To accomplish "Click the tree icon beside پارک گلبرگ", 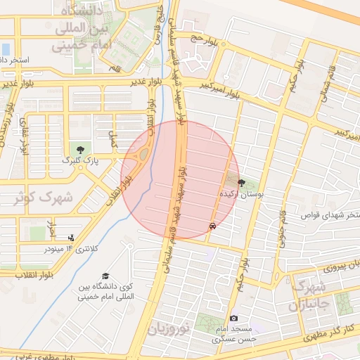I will coord(82,149).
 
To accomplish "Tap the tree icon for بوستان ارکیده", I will coord(242,183).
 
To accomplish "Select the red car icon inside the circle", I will coord(212,226).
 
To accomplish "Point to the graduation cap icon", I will coord(105,276).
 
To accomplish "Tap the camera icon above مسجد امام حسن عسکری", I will coord(234,318).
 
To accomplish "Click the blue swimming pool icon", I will coord(6,49).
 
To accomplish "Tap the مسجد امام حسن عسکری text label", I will coord(236,334).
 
